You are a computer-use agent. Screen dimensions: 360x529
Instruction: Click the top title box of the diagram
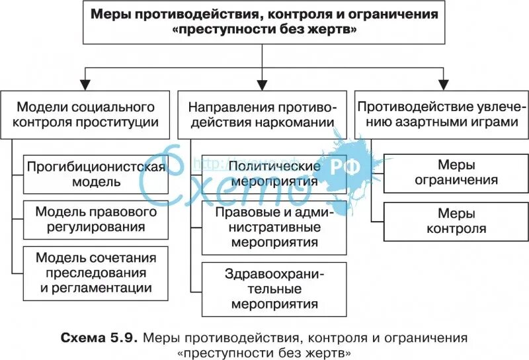coord(263,22)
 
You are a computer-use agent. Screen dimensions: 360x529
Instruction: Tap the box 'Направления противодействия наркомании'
coord(262,114)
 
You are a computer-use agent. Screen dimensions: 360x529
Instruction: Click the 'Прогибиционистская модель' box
coord(95,173)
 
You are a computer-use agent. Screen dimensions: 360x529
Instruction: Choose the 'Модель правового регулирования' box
coord(95,219)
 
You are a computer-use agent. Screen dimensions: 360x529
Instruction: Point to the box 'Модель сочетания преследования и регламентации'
coord(95,272)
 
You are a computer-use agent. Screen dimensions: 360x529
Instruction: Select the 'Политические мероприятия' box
coord(274,173)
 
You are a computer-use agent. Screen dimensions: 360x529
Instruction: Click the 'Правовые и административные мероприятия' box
coord(274,226)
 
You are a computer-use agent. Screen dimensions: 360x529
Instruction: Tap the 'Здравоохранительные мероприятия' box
coord(274,289)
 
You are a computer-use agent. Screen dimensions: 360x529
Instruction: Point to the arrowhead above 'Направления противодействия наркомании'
coord(263,83)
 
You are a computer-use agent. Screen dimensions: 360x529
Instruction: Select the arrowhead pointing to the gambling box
coord(441,83)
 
